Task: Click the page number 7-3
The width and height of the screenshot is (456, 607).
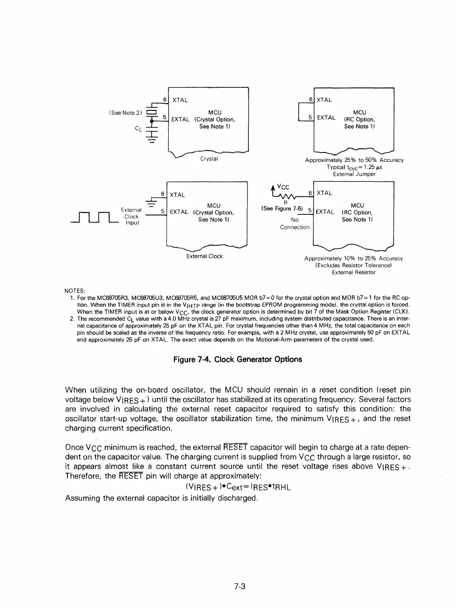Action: point(240,586)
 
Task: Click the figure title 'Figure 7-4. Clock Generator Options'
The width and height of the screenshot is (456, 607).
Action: point(237,359)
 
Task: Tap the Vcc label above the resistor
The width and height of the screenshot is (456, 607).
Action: point(283,187)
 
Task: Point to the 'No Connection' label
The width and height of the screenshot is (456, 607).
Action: point(294,223)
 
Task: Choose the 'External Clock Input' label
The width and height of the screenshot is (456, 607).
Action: point(132,216)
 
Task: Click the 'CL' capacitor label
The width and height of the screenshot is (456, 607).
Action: point(138,128)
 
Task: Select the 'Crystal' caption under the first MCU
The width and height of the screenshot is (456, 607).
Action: point(209,159)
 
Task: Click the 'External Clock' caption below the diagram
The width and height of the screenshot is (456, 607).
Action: point(204,256)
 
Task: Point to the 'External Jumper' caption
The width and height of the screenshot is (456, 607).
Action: point(354,174)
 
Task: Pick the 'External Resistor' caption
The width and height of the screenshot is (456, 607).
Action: point(353,272)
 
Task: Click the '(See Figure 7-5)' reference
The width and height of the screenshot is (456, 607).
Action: point(282,209)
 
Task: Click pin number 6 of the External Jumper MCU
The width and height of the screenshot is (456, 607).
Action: point(310,100)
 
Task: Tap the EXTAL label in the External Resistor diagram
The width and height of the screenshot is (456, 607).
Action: point(325,212)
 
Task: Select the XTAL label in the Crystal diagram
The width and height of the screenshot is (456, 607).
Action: point(180,100)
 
